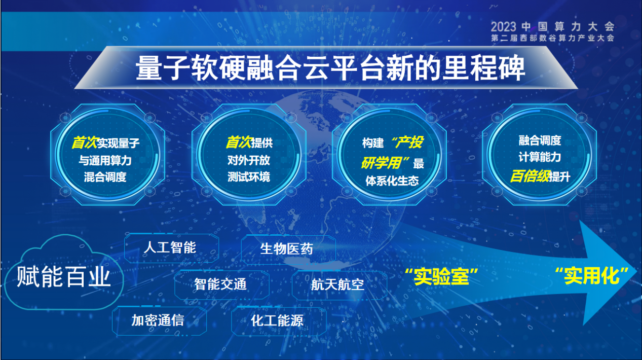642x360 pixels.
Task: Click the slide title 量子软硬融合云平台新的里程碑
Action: pos(330,68)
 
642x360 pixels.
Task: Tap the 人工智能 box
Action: pos(171,248)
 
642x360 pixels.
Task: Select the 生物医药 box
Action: pos(288,249)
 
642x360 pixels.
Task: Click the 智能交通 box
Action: pos(221,285)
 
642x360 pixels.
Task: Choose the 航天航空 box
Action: pos(339,285)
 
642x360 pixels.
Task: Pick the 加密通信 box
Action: pos(159,320)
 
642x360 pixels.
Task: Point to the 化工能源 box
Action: pos(279,321)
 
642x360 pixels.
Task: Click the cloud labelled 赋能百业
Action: pos(64,272)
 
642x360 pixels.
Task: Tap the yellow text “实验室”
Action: pos(441,276)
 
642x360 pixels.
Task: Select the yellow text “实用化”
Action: pos(591,276)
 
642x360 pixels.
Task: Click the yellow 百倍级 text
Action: pos(530,176)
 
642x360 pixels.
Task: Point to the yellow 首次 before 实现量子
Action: pos(84,142)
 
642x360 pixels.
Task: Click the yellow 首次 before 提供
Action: pos(239,142)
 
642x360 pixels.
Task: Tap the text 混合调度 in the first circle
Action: pos(105,177)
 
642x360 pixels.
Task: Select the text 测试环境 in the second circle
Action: pos(249,177)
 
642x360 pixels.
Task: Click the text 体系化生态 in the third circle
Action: pos(392,181)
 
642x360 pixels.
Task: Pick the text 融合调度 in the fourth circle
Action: pos(540,140)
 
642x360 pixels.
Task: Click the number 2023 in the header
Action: pos(503,27)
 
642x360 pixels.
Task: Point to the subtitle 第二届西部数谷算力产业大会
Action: pos(553,38)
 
